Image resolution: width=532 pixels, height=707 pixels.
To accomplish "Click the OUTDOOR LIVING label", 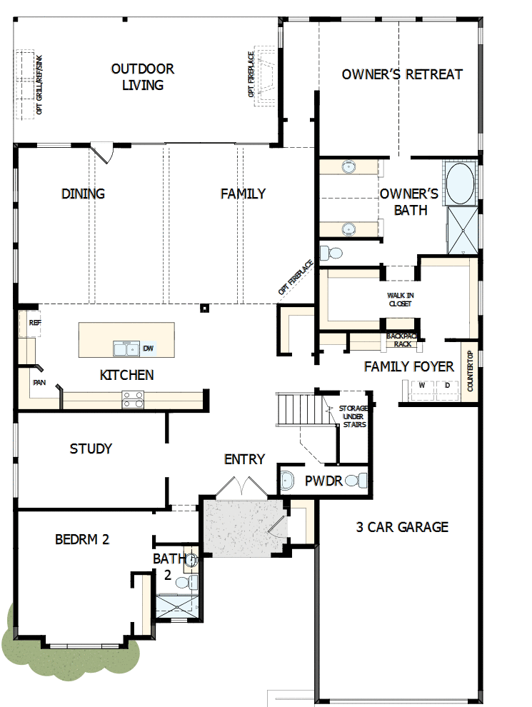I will pos(143,77).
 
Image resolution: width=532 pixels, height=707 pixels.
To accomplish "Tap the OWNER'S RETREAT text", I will pos(402,74).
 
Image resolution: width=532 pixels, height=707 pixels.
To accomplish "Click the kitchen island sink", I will pos(126,349).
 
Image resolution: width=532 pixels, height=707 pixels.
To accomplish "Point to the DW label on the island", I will pos(149,349).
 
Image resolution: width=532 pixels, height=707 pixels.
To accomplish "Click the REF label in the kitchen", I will pos(35,323).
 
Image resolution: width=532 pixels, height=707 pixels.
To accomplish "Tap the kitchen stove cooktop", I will pos(132,399).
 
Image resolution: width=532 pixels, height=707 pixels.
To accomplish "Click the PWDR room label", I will pos(324,481).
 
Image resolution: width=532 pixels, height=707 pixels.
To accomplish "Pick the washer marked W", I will pos(421,386).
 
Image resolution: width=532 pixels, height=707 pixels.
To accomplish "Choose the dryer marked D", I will pos(447,386).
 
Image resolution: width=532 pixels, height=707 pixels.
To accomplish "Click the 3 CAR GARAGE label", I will pos(402,527).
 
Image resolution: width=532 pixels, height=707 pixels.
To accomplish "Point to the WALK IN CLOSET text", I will pos(400,299).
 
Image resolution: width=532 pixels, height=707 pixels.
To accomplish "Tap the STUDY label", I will pos(91,448).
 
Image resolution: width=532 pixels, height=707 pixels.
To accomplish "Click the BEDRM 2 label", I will pos(82,539).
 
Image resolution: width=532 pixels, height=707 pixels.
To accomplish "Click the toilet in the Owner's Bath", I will pos(330,253).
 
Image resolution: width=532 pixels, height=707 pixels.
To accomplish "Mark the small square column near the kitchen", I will pos(205,309).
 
